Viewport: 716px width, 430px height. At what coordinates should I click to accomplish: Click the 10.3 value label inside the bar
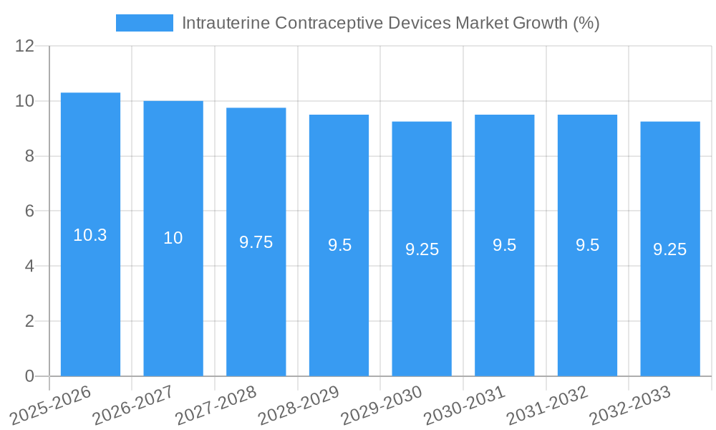(x=90, y=235)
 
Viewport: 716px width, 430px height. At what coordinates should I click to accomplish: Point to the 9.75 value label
(x=256, y=242)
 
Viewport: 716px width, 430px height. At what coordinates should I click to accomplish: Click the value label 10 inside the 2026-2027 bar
(x=173, y=238)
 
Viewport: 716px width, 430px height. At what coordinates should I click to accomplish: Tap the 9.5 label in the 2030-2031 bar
(x=505, y=245)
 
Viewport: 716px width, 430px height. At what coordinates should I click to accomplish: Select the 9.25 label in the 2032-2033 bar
(x=670, y=249)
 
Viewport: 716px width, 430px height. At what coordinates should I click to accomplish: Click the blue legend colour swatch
(x=145, y=23)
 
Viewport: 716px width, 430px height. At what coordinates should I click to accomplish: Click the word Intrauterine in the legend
(x=226, y=23)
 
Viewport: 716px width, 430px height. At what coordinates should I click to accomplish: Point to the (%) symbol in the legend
(x=586, y=23)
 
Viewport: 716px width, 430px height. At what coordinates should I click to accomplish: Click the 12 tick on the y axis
(x=25, y=46)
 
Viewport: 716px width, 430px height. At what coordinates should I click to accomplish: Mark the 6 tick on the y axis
(x=29, y=211)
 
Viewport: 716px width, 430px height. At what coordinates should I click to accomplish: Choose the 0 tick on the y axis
(x=29, y=376)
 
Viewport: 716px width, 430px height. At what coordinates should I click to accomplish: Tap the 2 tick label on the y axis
(x=29, y=321)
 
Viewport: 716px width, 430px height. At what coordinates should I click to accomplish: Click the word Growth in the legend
(x=542, y=23)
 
